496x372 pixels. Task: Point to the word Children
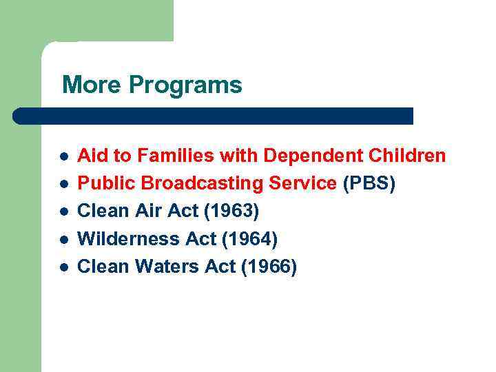click(x=408, y=156)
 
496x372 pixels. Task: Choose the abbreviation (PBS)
click(x=369, y=184)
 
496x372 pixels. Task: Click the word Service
click(x=304, y=183)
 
